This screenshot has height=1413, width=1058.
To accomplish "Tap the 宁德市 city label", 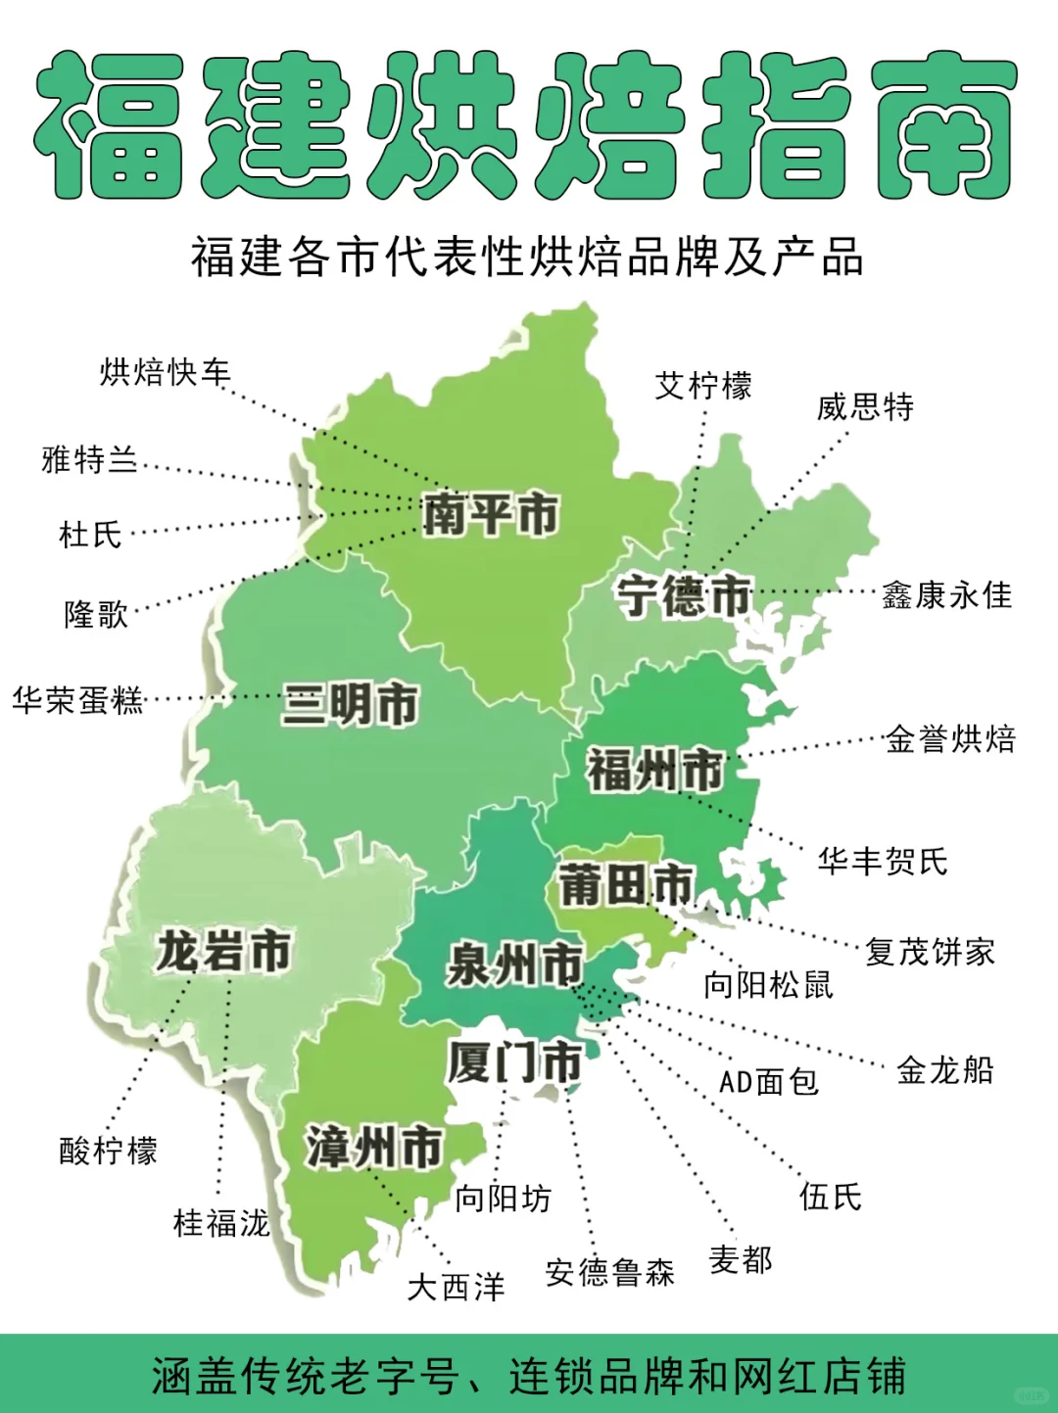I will coord(683,595).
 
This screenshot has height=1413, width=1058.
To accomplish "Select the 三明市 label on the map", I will coord(350,704).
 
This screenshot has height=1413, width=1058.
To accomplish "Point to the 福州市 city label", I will coord(654,770).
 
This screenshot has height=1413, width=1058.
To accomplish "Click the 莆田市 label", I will coord(626,885).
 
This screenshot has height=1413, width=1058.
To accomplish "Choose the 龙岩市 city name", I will coord(223,951).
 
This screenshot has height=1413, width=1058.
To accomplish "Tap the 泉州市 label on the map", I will coord(514,965).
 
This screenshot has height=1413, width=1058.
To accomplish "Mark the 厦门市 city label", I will coord(514,1062).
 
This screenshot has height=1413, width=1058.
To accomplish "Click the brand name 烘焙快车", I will coord(165,372).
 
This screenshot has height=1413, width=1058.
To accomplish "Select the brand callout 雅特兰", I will coord(89,459).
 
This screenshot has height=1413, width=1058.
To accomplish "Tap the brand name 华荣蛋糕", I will coord(77,700).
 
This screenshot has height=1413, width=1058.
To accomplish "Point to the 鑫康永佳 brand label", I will coord(946,594).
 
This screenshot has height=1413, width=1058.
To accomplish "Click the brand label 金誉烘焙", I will coord(950,738).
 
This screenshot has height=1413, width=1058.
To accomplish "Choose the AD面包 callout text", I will coord(768,1081).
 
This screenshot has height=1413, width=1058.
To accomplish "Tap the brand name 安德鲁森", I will coord(609,1272).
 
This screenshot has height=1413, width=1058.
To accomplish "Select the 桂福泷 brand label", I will coord(220,1222).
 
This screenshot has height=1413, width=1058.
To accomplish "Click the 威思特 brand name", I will coord(865,406).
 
